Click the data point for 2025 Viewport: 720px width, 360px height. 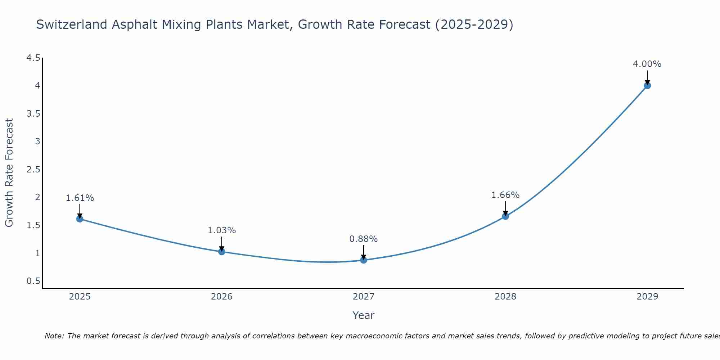point(80,219)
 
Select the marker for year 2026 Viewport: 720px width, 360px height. point(221,251)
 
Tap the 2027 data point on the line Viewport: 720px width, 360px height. point(364,260)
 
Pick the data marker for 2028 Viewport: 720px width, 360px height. point(505,216)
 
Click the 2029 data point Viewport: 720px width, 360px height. point(647,85)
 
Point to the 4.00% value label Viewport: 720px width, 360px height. point(647,64)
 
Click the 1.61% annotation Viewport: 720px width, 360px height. point(80,198)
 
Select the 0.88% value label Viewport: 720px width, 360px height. point(364,239)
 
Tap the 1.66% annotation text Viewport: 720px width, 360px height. point(505,195)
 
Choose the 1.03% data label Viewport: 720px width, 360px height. point(222,230)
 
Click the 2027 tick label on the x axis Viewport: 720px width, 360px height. point(364,297)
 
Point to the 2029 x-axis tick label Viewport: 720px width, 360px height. point(647,297)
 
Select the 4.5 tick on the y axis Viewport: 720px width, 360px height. point(33,58)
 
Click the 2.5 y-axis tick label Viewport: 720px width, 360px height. point(33,170)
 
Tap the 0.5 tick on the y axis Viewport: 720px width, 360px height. point(33,281)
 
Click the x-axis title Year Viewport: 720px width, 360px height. point(364,315)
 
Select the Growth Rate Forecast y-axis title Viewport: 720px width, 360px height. point(9,173)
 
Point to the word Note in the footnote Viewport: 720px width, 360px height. point(54,336)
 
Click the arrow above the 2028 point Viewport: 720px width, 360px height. point(505,208)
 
